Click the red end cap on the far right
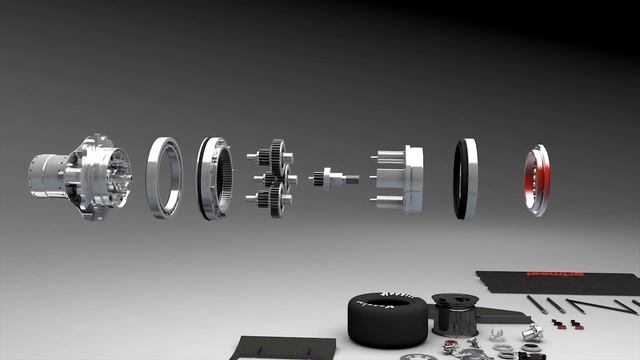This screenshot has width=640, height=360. pos(537,180)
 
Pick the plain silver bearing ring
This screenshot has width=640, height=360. pos(164,177)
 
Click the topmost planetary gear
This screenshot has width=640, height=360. pos(274,155)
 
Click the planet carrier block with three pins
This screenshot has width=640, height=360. pos(410,179)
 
